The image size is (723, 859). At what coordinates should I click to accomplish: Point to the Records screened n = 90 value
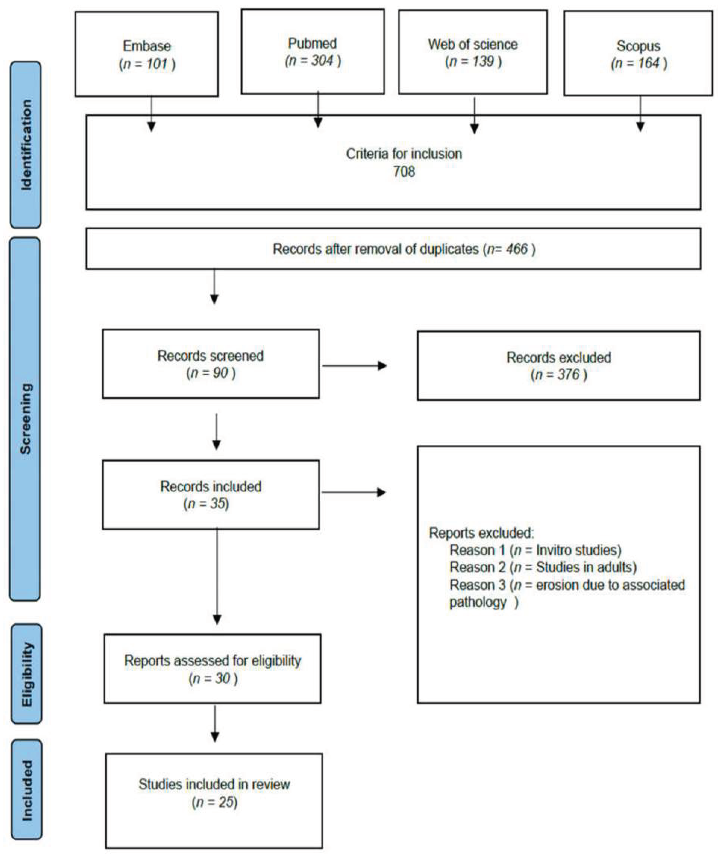(x=211, y=373)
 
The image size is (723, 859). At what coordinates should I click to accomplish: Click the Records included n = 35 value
(x=206, y=504)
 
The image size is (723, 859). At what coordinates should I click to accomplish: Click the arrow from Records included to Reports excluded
(x=353, y=492)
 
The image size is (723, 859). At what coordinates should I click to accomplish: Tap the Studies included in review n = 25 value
(x=214, y=802)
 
